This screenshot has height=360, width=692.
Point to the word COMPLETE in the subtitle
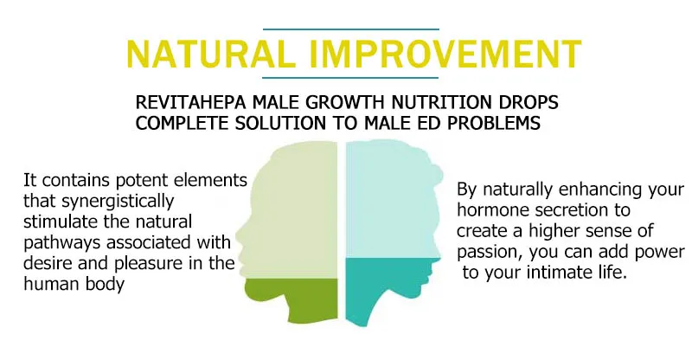point(176,123)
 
